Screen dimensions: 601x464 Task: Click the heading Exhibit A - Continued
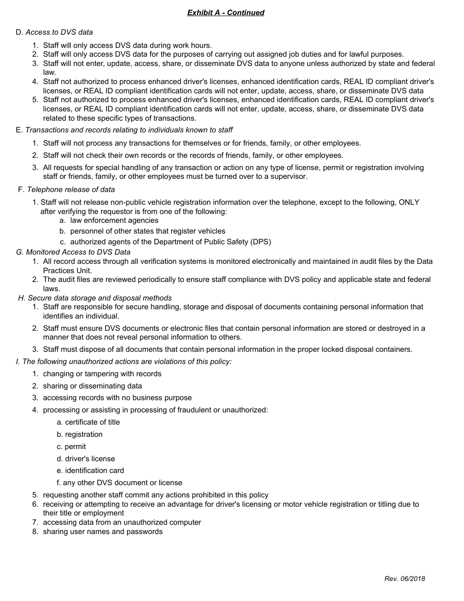226,13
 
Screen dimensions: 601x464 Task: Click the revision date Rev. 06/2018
404,579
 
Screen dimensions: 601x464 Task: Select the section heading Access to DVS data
59,32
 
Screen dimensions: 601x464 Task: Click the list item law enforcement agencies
114,220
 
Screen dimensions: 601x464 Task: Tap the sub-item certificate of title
92,422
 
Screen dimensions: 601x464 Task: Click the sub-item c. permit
71,447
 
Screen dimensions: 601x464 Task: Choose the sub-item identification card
94,471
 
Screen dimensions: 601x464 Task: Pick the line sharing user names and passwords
103,532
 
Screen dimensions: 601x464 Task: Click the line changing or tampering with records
102,374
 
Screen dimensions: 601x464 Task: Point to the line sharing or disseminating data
92,386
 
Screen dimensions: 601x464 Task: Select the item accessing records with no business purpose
117,398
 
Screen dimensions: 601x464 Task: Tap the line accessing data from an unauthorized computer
122,522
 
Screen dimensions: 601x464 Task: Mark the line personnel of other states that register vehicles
148,231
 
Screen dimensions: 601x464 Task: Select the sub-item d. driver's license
85,459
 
